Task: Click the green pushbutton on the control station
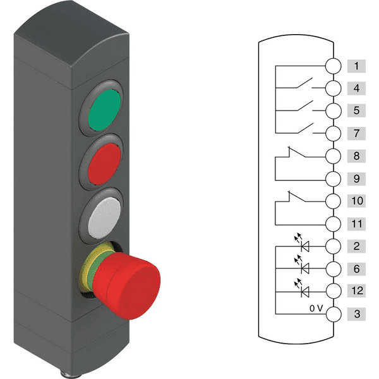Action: pos(104,110)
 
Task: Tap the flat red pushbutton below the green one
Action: pos(104,164)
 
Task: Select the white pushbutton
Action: pos(104,218)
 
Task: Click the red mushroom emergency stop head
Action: pos(126,286)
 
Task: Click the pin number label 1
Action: pos(356,66)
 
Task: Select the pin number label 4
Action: pos(356,88)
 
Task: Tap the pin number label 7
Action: pos(356,133)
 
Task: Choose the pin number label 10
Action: pos(356,201)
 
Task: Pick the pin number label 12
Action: pos(356,291)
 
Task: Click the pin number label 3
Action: pos(356,314)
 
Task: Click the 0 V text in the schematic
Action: pos(316,308)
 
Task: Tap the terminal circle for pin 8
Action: pos(334,156)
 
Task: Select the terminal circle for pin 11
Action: pos(334,224)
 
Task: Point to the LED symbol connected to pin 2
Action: pos(302,243)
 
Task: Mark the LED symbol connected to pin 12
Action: pos(302,288)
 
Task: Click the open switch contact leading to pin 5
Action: pos(305,106)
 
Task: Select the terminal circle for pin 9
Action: pos(334,179)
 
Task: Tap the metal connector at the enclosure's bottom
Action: pos(71,375)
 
